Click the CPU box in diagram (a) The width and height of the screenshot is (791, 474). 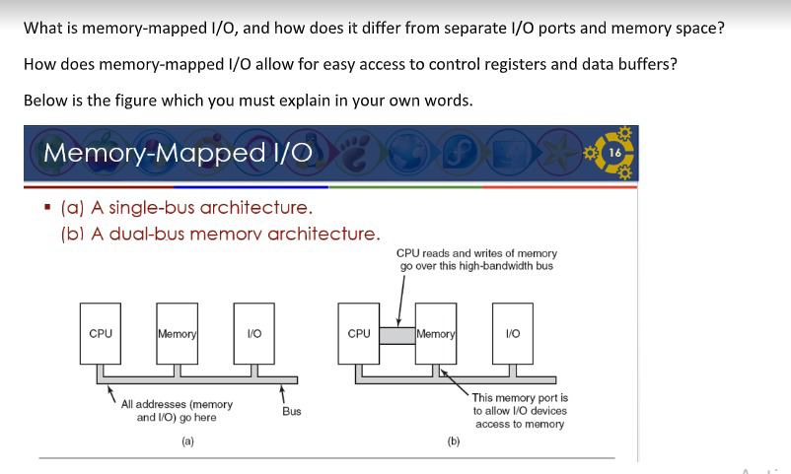[101, 334]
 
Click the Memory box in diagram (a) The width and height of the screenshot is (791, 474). [178, 334]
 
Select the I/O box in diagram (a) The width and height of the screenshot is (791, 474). [254, 334]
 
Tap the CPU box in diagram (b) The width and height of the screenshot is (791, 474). [359, 334]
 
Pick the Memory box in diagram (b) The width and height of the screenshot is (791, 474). [436, 334]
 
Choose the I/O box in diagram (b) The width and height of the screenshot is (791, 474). [513, 334]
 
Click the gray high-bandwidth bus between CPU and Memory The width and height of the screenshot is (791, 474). [397, 336]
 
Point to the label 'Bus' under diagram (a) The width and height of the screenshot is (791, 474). [292, 411]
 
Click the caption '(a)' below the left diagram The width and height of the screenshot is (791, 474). [187, 441]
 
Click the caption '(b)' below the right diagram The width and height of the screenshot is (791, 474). [453, 441]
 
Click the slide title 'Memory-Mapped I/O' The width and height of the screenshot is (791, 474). [179, 153]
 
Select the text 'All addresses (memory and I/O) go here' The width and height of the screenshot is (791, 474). [178, 411]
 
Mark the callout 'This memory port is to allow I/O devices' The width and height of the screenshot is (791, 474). [520, 404]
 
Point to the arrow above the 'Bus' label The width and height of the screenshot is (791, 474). [283, 391]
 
